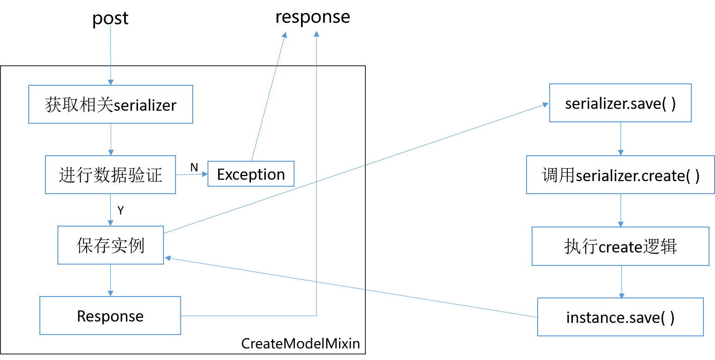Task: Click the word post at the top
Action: point(110,19)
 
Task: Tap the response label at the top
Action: point(313,17)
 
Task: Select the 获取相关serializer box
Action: point(111,104)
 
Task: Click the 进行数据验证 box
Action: point(110,175)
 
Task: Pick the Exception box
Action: point(251,174)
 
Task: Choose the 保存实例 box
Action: point(110,245)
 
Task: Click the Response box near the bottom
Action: point(110,316)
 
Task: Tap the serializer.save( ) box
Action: point(621,103)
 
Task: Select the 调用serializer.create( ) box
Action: point(621,175)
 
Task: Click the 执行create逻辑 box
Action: point(621,246)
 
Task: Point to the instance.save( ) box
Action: point(621,317)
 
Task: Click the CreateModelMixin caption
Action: point(301,344)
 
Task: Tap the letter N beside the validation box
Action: point(194,167)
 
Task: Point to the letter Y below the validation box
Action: point(120,210)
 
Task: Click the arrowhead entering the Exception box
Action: point(205,174)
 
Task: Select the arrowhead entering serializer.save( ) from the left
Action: point(546,105)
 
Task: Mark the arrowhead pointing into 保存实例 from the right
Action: point(168,258)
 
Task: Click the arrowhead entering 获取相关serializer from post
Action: point(111,82)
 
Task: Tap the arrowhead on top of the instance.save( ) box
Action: point(621,296)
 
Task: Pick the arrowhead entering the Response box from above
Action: point(110,294)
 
